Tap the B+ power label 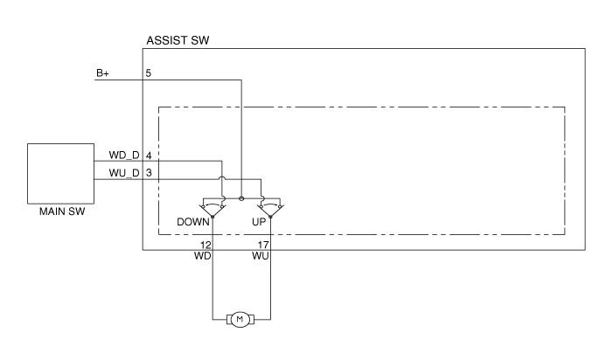tap(102, 73)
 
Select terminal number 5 tap(149, 73)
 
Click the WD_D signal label tap(123, 155)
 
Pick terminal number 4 tap(149, 155)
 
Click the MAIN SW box tap(61, 173)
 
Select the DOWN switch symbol tap(212, 207)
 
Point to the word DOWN tap(193, 222)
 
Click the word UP tap(259, 222)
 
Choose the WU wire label tap(259, 257)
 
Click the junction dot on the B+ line tap(241, 198)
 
